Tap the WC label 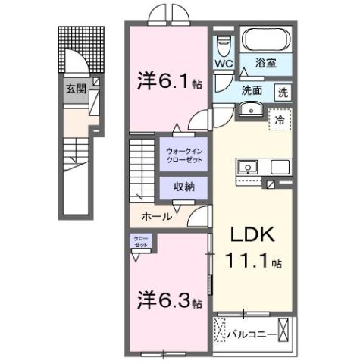(224, 64)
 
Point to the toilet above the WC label (224, 42)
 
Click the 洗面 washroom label (252, 90)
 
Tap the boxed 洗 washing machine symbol (282, 93)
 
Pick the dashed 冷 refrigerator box (280, 120)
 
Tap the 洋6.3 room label (168, 300)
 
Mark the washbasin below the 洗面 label (250, 109)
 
